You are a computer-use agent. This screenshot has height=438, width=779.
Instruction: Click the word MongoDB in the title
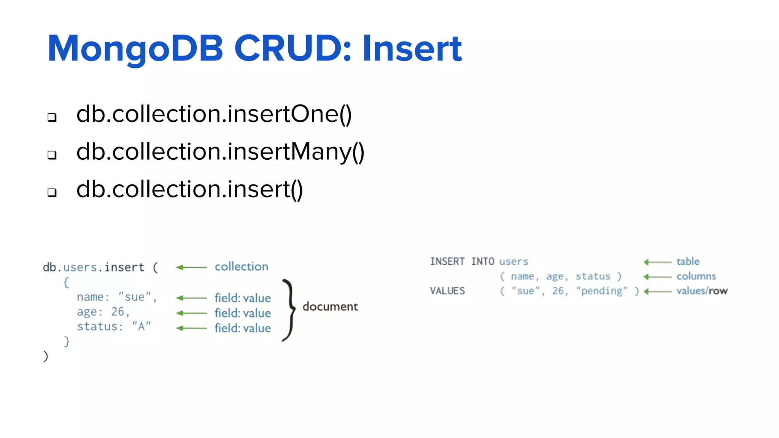[x=135, y=49]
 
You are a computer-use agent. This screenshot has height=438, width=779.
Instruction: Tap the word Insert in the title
[x=412, y=49]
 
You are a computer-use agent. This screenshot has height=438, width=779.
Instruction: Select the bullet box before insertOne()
[x=52, y=117]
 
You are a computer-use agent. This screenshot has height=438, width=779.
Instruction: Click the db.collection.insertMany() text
[x=220, y=152]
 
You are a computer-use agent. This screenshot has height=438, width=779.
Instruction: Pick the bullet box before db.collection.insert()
[x=52, y=192]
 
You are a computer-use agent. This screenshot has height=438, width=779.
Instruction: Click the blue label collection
[x=242, y=267]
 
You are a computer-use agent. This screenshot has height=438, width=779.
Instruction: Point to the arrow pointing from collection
[x=191, y=267]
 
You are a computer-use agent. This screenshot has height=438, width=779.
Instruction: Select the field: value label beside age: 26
[x=243, y=313]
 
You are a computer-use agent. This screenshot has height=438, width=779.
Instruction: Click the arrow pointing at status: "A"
[x=191, y=328]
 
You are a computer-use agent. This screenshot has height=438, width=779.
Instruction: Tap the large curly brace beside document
[x=289, y=310]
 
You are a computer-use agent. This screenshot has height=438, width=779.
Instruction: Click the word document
[x=330, y=306]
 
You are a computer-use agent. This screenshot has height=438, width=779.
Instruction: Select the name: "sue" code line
[x=117, y=297]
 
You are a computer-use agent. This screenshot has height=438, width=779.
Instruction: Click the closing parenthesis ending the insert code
[x=46, y=356]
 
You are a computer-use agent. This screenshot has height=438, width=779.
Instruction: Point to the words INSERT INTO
[x=462, y=262]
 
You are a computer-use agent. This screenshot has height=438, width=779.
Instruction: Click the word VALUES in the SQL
[x=447, y=291]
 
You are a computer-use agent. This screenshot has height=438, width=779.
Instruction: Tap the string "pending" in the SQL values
[x=601, y=291]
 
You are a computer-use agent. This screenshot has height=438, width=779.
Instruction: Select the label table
[x=688, y=262]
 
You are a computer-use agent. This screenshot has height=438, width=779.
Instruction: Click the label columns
[x=696, y=276]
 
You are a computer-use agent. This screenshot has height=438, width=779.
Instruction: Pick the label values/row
[x=702, y=291]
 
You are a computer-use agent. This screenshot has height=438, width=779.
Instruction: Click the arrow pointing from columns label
[x=657, y=277]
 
